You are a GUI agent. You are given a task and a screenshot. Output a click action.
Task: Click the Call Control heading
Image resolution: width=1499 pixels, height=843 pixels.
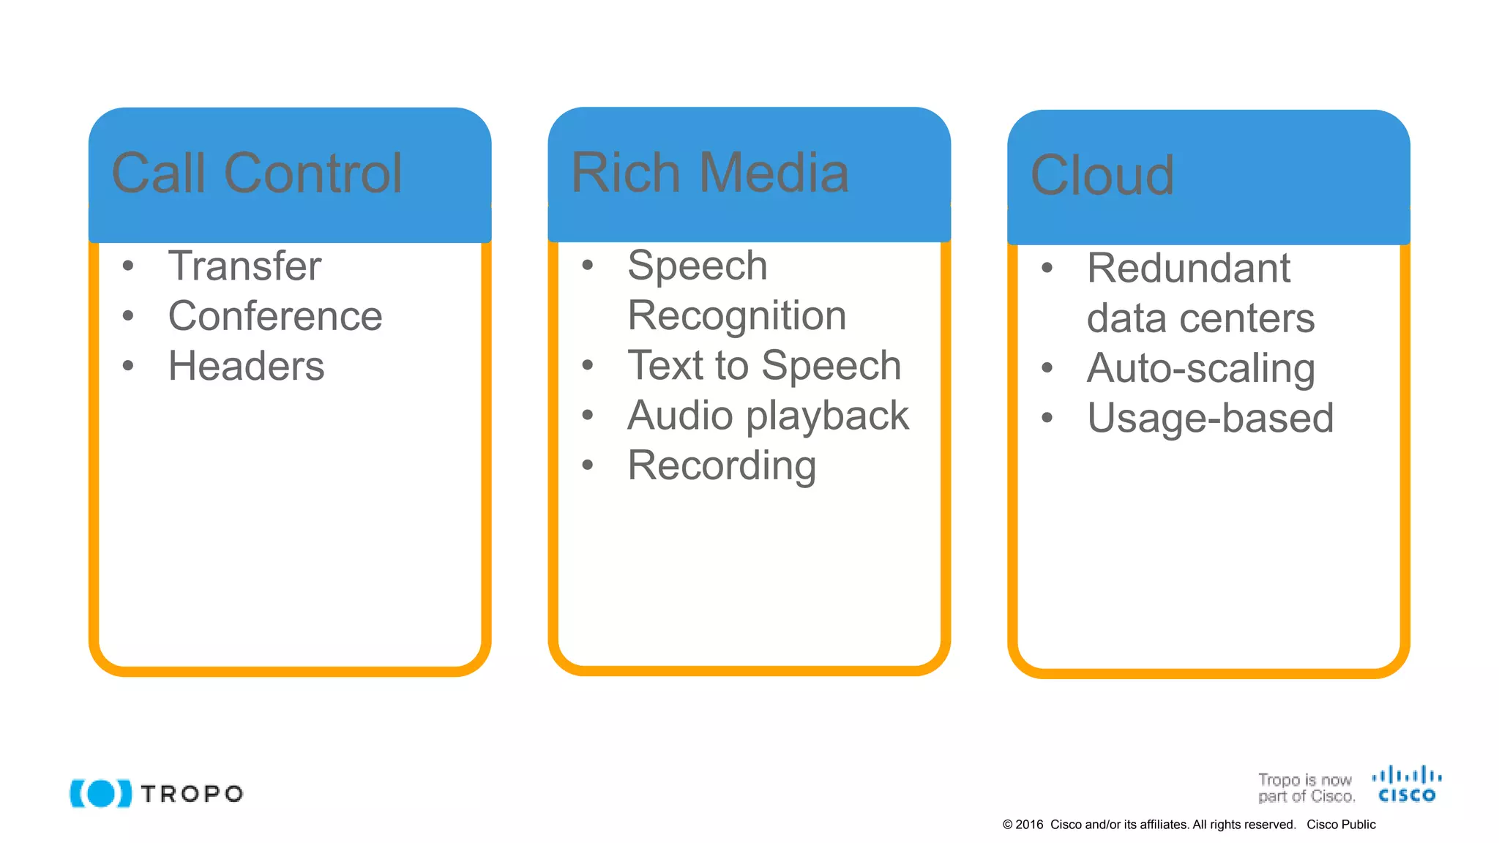click(257, 174)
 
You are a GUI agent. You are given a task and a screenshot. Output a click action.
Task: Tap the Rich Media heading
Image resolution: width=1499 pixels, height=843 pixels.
click(709, 173)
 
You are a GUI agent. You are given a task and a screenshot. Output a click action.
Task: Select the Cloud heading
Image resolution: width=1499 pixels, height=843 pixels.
click(1102, 176)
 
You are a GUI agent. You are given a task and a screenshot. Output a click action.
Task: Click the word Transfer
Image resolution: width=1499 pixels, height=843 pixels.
click(244, 266)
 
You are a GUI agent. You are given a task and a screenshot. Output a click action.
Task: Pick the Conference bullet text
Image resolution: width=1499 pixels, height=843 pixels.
click(275, 316)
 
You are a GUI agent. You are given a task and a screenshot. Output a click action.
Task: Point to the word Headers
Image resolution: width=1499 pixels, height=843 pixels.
click(246, 366)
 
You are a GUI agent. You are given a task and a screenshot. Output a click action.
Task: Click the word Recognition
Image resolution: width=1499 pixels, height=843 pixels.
click(736, 316)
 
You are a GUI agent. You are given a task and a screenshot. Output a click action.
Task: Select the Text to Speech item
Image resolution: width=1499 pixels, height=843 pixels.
click(764, 365)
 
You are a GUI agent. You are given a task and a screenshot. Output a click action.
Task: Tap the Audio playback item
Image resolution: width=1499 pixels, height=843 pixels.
click(768, 416)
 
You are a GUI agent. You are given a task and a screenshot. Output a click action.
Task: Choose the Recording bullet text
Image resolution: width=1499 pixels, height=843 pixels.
click(722, 465)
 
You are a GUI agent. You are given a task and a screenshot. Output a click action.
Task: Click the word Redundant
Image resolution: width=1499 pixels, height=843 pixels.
click(1188, 268)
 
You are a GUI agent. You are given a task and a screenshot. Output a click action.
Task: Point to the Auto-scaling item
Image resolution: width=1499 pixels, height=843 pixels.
click(1200, 368)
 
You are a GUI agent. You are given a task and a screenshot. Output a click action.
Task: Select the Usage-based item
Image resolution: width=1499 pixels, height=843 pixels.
click(1210, 418)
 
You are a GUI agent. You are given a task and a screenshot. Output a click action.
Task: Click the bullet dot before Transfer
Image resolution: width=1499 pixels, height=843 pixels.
click(128, 266)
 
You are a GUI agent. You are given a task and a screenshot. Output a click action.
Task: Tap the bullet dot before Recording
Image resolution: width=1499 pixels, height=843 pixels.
click(587, 465)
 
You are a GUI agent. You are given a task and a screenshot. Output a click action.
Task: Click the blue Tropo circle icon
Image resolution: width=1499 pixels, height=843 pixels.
click(101, 793)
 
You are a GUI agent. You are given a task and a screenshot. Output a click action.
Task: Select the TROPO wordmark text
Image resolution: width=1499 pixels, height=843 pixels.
click(192, 794)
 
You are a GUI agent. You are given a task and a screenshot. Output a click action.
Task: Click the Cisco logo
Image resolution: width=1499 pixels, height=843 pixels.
click(1406, 784)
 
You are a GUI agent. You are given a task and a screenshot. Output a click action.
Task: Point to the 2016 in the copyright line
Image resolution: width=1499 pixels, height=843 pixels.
click(1029, 825)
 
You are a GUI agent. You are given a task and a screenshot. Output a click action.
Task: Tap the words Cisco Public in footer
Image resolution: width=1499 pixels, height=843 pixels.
click(1341, 825)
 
